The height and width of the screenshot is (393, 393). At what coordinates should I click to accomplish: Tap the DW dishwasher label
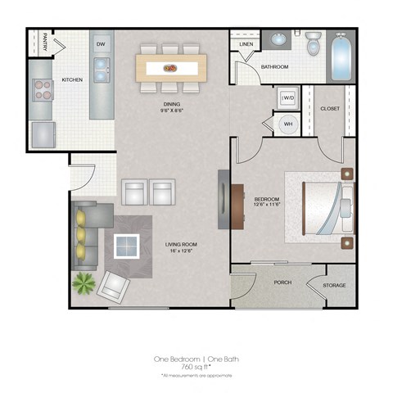[101, 43]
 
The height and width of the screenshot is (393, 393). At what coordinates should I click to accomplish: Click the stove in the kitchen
[42, 90]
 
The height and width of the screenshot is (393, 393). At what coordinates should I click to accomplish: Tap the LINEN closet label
[246, 44]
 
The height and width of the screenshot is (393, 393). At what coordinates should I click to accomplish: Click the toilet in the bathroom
[314, 44]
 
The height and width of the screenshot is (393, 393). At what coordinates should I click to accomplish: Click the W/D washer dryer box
[287, 98]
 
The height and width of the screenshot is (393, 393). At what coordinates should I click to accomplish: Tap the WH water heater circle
[287, 124]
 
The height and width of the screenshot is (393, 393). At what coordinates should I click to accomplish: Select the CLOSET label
[330, 108]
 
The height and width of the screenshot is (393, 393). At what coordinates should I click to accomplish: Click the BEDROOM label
[266, 200]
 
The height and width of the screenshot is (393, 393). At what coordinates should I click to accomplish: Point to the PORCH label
[283, 283]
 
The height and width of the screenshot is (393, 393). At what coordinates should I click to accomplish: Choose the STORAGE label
[333, 285]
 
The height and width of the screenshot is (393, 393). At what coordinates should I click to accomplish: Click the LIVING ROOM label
[180, 244]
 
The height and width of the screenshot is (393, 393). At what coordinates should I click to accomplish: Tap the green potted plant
[83, 283]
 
